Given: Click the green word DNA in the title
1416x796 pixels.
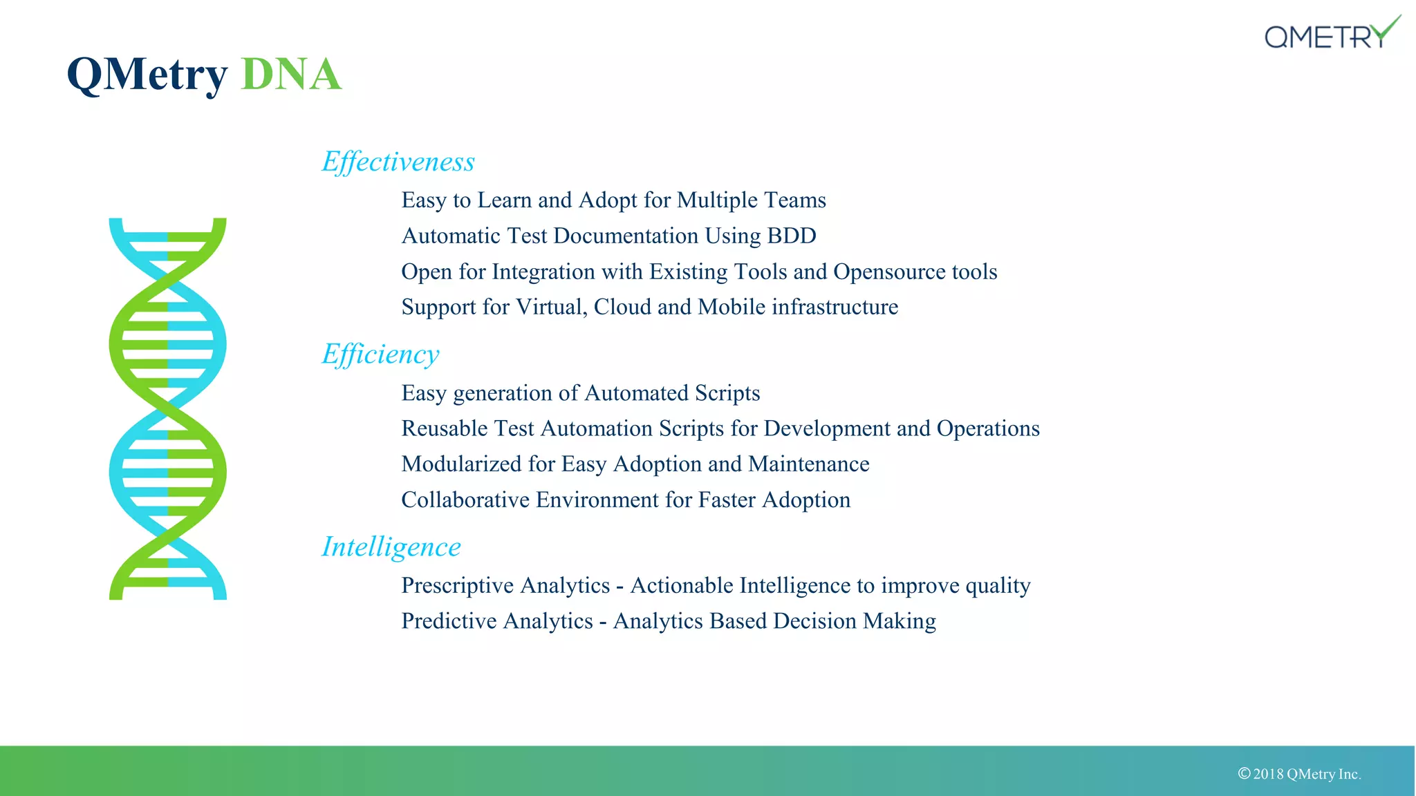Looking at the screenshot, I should point(291,74).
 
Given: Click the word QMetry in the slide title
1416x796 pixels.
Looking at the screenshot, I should point(147,74).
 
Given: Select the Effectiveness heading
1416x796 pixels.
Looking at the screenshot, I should point(398,162).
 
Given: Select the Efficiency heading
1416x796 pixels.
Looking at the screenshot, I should point(380,354).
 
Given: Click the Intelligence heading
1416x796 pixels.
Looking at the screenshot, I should point(391,547).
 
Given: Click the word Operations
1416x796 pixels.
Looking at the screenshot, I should point(988,428).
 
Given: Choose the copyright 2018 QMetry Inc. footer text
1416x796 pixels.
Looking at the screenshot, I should point(1300,774).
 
